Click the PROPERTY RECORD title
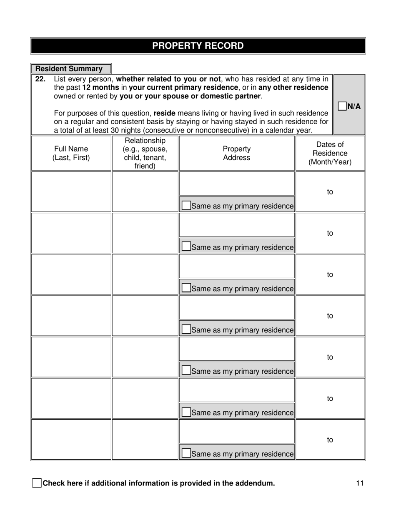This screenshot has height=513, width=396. pos(198,46)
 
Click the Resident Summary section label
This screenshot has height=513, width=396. pos(69,69)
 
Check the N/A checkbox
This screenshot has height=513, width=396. pos(342,106)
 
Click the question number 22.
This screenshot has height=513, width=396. pos(40,79)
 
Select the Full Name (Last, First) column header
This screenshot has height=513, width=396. pos(71,153)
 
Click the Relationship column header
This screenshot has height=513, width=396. pos(145,153)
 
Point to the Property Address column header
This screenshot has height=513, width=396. pos(236,153)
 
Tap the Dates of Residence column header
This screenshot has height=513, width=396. pos(330,153)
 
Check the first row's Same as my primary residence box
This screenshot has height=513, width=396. pos(187,206)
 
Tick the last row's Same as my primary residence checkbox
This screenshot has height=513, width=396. pos(187,453)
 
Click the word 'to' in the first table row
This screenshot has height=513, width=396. pos(330,192)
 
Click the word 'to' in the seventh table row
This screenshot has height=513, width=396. pos(330,440)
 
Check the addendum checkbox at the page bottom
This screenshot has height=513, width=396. pos(37,483)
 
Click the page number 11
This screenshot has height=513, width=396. pos(360,483)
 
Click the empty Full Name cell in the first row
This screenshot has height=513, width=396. pos(71,191)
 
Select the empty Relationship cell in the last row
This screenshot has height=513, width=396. pos(145,439)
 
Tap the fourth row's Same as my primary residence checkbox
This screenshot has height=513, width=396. pos(187,329)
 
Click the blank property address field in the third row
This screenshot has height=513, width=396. pos(236,267)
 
